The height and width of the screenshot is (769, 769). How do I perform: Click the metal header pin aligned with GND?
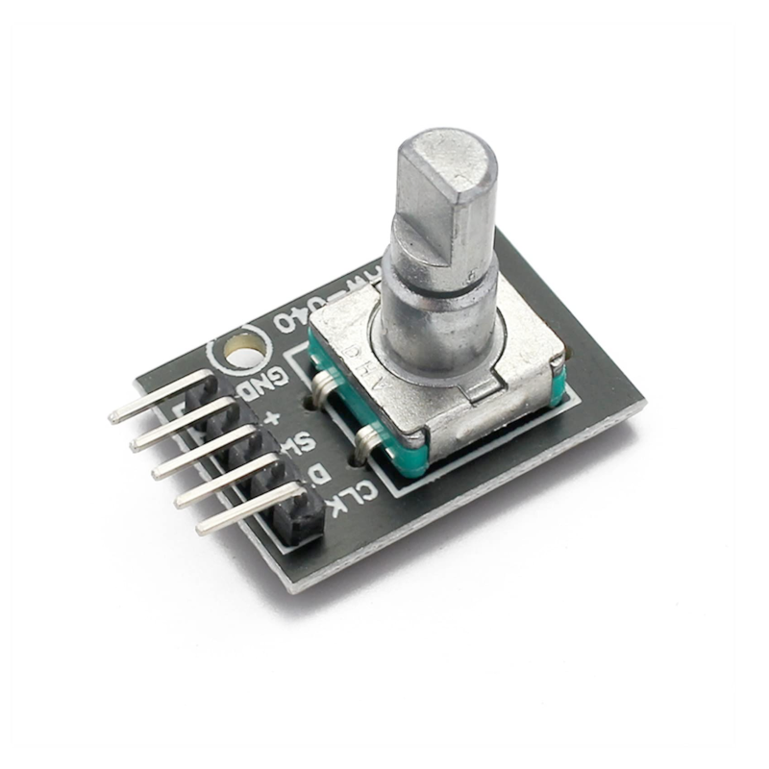click(x=144, y=404)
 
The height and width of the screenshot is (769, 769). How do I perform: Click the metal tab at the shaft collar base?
click(x=480, y=389)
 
